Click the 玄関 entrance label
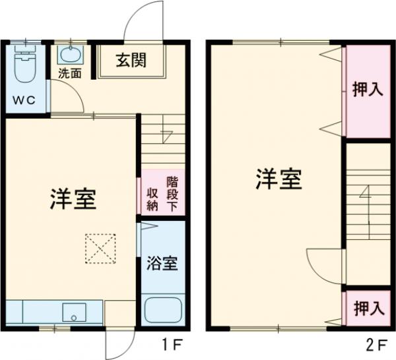coord(131,61)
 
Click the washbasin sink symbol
coord(69,53)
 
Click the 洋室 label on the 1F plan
coord(73,199)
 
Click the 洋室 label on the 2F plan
coord(279,179)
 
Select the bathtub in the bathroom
coord(162,310)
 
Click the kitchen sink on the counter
coord(73,312)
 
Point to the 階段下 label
coord(172,193)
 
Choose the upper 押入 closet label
coord(367,90)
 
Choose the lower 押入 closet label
coord(367,307)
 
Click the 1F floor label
coord(172,344)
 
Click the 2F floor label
coord(378,344)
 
